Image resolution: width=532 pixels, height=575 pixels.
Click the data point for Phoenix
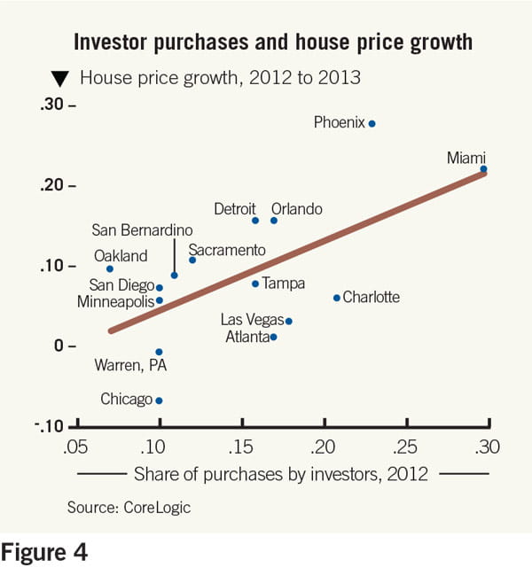[372, 123]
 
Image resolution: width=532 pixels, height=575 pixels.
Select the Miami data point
[483, 168]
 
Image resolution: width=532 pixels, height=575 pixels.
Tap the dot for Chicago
[159, 400]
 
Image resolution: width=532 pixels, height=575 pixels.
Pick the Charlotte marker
[336, 298]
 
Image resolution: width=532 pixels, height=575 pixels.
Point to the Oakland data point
[109, 268]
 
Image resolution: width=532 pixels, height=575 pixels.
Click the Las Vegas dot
[289, 321]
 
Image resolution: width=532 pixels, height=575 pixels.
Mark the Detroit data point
[255, 221]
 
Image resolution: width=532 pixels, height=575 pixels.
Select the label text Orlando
[296, 210]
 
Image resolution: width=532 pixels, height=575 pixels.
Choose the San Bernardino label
[142, 230]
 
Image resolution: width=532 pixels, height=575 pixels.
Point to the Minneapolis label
[116, 301]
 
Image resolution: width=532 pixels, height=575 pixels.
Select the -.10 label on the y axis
[52, 426]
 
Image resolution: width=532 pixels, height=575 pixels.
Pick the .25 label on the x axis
[406, 445]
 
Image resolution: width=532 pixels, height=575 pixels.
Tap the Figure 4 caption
[44, 554]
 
